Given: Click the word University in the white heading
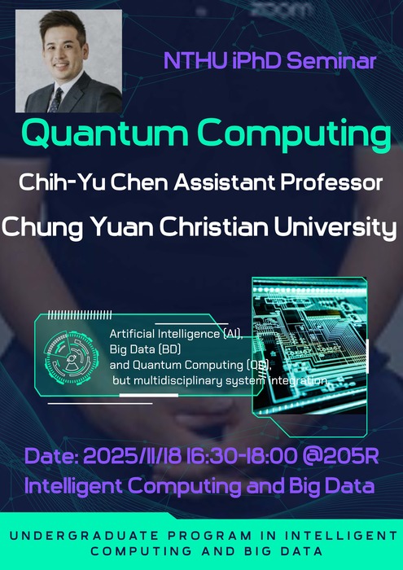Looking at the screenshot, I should pos(344,227).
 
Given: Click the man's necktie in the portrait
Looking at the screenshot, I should pos(56,99).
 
